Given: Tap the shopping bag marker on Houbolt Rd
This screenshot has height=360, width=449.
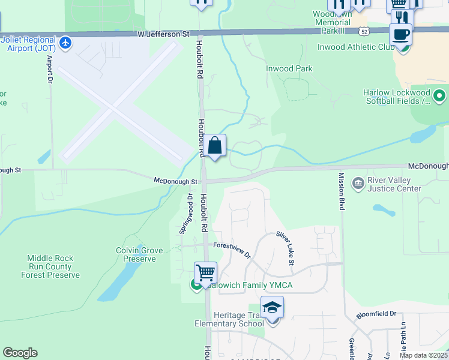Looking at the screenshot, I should coord(215,146).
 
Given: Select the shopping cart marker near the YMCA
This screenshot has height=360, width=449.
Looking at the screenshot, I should coord(205,272).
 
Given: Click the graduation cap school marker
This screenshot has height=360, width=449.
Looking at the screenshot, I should coord(272,308).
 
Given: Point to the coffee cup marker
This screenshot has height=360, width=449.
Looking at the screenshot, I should coord(400,35).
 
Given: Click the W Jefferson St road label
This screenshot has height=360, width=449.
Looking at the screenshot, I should coord(163,35).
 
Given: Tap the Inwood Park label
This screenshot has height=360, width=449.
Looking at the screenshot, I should coord(289,68).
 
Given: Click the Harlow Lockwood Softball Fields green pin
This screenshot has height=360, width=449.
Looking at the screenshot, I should coord(439,95).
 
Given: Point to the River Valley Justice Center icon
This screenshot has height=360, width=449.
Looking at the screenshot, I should coord(358,182).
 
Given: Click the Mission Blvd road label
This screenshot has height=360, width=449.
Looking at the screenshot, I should coord(341,191).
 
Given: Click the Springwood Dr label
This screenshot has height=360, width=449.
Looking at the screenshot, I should coord(186,214).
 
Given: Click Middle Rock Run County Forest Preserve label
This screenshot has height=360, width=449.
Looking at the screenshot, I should coord(50,266).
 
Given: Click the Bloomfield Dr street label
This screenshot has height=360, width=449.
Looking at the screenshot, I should coord(377,314).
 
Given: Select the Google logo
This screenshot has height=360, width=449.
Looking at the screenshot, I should coord(20,353).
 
